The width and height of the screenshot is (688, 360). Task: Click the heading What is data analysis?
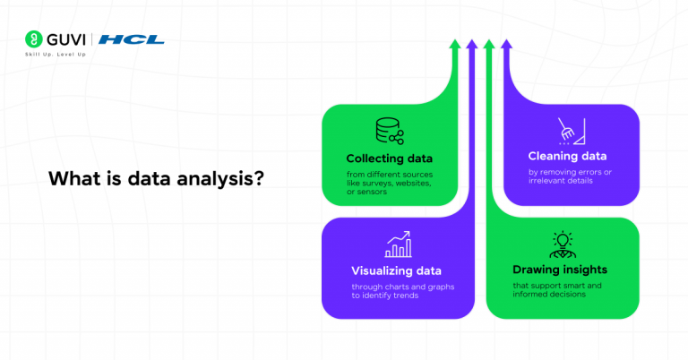coord(156,177)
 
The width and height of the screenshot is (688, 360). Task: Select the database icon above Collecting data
coord(389,132)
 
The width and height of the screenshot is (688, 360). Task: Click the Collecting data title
coord(385,159)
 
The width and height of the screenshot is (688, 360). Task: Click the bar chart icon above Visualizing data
coord(398,244)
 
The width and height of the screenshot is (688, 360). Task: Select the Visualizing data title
coord(396,270)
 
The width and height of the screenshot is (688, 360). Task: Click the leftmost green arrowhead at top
coord(455,44)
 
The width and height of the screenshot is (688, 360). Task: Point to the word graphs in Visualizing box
coord(420,287)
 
